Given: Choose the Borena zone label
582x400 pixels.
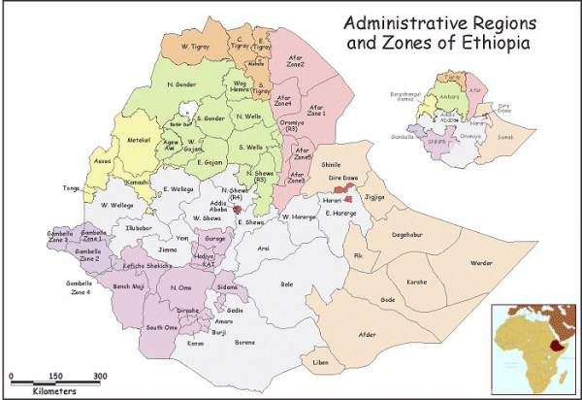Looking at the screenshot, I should click(x=243, y=343).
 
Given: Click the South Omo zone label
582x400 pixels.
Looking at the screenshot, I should click(x=161, y=327).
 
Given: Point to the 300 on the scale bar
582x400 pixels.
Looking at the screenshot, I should click(x=100, y=376).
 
